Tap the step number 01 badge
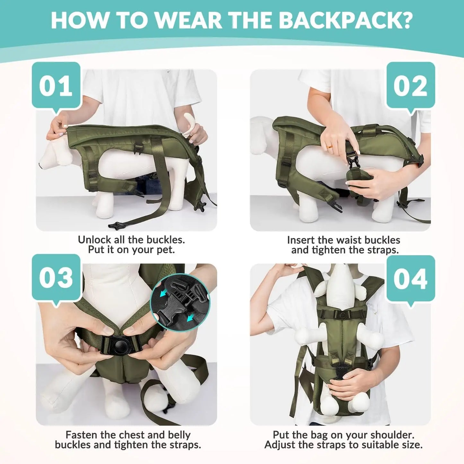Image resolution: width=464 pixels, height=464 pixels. click(x=56, y=85)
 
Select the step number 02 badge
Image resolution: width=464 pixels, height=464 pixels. click(x=410, y=85)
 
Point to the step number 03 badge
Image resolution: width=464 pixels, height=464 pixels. click(x=56, y=277)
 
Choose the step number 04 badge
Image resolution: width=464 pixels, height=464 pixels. click(x=410, y=278)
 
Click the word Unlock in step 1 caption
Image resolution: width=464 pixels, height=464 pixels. click(x=94, y=240)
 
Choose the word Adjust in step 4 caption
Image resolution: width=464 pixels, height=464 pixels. click(x=281, y=445)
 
